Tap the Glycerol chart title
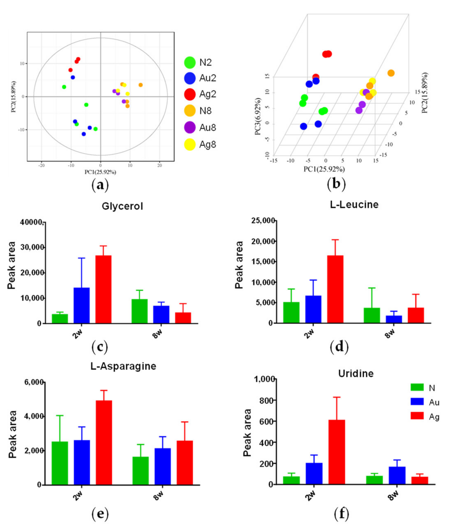[122, 206]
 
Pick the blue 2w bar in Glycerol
[81, 305]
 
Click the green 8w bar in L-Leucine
[372, 315]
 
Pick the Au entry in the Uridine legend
[425, 402]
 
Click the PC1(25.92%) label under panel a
[100, 172]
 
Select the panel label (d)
[339, 347]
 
